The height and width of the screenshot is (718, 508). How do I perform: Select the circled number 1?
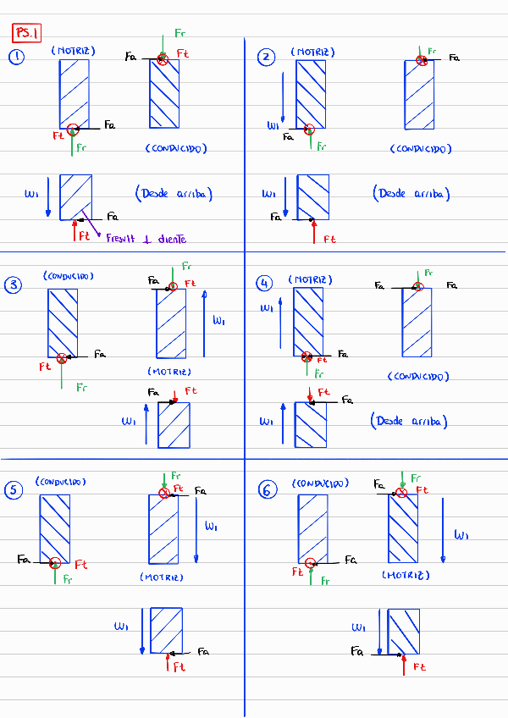coord(17,57)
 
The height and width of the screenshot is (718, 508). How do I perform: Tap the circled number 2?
coord(267,57)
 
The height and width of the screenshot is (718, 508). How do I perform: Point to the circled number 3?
coord(14,285)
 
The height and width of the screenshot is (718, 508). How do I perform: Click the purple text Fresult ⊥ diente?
coord(146,240)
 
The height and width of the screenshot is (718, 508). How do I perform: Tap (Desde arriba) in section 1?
coord(174,193)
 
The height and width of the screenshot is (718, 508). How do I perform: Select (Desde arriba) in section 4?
coord(410,421)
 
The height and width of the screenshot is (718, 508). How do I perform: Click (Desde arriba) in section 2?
coord(411,193)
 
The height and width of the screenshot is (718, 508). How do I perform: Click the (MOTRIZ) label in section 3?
coord(169,371)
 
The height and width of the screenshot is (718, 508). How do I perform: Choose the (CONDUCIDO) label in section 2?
coord(421,148)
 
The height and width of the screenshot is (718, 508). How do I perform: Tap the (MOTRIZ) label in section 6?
coord(406,575)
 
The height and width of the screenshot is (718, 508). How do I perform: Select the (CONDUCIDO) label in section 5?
coord(61,482)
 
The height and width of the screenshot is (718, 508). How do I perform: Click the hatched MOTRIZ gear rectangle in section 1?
coord(75,93)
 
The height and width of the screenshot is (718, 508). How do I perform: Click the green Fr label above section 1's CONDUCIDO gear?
coord(179,33)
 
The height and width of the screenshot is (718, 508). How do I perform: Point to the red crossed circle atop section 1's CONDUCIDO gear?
coord(163,58)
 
